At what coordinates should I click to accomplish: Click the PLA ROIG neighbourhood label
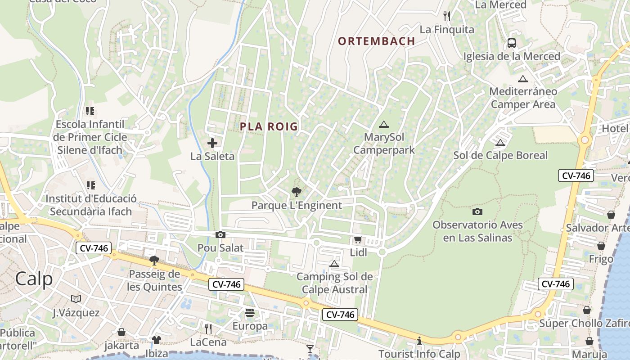tap(269, 126)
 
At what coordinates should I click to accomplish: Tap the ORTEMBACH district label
tap(376, 41)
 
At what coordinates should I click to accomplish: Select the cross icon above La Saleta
tap(212, 143)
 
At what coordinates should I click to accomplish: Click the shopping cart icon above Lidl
tap(358, 240)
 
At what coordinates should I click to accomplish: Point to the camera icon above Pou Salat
tap(220, 234)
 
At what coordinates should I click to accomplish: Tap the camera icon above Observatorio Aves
tap(477, 211)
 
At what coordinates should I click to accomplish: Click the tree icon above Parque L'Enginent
tap(296, 193)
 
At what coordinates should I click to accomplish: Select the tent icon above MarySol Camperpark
tap(383, 124)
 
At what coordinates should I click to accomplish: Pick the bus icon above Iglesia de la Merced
tap(512, 43)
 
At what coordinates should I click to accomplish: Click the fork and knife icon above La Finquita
tap(447, 16)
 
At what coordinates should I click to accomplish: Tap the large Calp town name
tap(34, 279)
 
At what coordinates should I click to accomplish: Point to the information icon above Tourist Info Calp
tap(419, 341)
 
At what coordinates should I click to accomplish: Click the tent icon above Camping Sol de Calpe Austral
tap(334, 264)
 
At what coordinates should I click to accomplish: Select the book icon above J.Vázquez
tap(76, 299)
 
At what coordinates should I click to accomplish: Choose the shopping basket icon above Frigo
tap(601, 246)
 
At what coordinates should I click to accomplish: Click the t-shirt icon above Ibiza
tap(156, 340)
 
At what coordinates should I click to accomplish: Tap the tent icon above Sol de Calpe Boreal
tap(500, 143)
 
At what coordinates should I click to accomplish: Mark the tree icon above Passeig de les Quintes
tap(154, 260)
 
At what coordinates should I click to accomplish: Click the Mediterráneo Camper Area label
tap(523, 98)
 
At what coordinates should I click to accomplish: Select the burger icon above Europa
tap(250, 312)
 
